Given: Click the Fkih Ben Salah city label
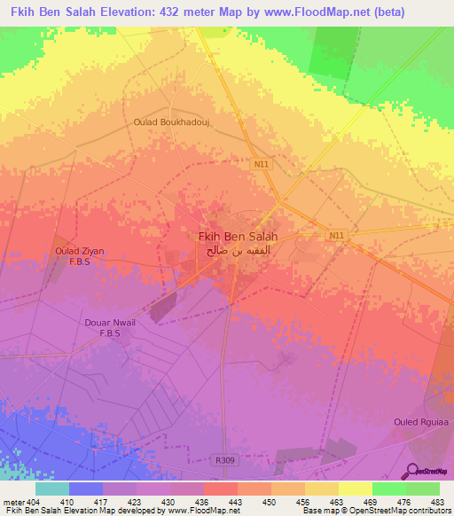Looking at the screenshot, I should (x=236, y=237).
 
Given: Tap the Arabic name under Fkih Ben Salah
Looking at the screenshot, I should (x=236, y=251).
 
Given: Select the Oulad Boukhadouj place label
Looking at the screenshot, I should (x=184, y=122).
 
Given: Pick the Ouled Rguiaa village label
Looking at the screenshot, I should (x=418, y=422).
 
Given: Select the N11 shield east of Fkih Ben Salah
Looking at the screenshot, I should (x=334, y=235).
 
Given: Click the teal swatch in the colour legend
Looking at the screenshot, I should (x=52, y=489).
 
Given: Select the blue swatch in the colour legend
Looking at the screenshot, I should (x=86, y=489).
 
